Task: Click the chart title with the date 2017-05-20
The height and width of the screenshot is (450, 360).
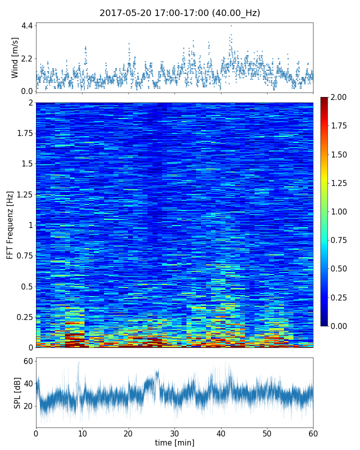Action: click(x=179, y=13)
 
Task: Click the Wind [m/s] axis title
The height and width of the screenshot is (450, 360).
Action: click(x=15, y=57)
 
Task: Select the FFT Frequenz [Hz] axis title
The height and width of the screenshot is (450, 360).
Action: click(x=10, y=224)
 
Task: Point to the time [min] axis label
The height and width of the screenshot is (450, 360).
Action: click(x=174, y=442)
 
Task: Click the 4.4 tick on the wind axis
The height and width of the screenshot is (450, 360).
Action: click(x=26, y=25)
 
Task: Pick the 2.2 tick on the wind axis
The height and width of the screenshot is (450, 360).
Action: click(x=26, y=58)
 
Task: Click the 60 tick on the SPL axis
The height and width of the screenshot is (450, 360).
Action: click(x=28, y=361)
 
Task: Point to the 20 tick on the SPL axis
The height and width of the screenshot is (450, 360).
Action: click(x=28, y=405)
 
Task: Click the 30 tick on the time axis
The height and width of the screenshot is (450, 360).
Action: click(x=174, y=432)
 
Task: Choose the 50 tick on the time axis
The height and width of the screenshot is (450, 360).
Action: click(x=267, y=432)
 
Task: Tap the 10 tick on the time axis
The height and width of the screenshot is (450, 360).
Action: click(x=82, y=432)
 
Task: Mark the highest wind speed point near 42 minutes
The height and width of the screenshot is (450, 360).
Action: click(x=231, y=25)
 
